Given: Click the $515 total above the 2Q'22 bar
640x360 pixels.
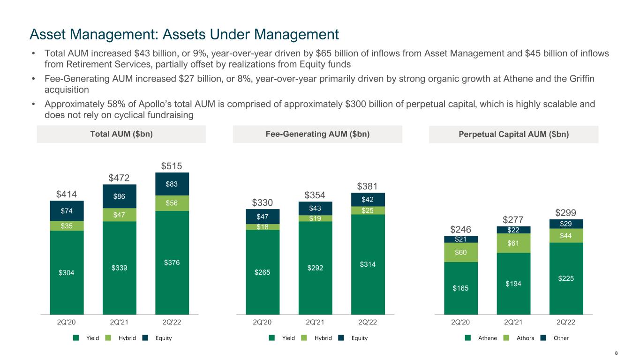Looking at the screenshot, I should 172,166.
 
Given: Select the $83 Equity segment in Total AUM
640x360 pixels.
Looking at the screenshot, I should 172,184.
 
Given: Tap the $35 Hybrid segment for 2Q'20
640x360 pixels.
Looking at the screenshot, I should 67,225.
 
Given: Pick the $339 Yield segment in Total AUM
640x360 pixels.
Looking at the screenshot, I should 119,268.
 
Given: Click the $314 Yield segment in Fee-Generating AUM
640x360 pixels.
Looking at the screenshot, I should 368,264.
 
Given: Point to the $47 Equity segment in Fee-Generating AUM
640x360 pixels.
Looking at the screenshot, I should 263,217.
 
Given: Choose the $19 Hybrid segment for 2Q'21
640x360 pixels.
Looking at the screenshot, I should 315,218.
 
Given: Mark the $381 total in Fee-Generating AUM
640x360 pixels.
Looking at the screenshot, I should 368,186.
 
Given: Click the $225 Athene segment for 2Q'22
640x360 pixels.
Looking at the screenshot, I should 566,278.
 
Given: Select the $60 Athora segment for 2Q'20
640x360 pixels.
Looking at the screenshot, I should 461,252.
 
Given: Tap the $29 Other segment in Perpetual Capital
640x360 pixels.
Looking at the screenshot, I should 566,224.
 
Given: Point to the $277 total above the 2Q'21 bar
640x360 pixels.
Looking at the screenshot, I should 513,220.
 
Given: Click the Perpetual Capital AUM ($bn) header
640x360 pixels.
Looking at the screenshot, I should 513,134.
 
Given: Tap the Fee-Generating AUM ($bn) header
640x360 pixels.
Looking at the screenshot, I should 317,134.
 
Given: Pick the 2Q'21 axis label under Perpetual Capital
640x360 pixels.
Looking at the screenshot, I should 513,322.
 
